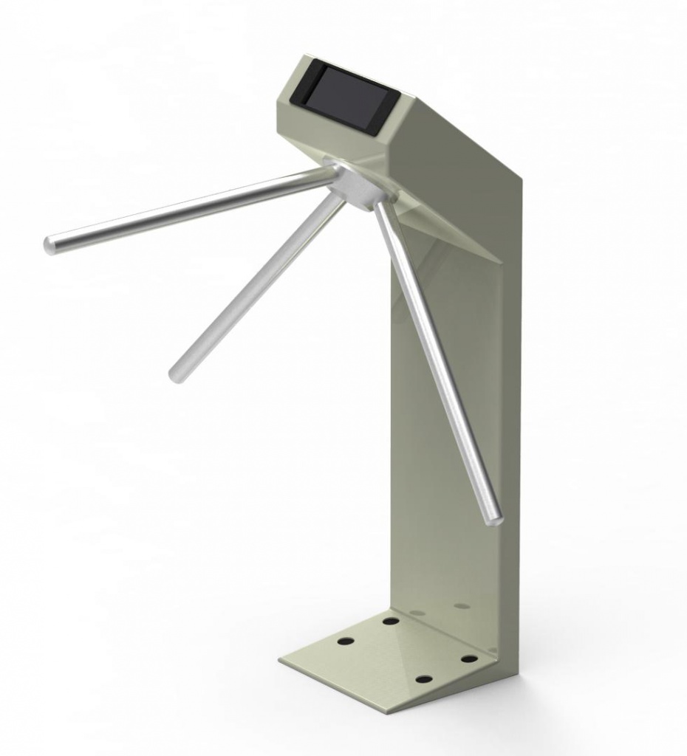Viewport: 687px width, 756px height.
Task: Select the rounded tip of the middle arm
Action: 177,374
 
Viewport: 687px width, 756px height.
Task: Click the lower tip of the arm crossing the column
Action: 495,517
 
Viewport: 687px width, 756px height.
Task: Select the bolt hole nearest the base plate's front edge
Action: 423,678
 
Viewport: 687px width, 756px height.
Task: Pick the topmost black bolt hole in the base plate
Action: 391,621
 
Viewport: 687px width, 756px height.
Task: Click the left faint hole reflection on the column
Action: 417,613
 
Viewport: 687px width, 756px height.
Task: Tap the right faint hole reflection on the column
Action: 462,606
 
